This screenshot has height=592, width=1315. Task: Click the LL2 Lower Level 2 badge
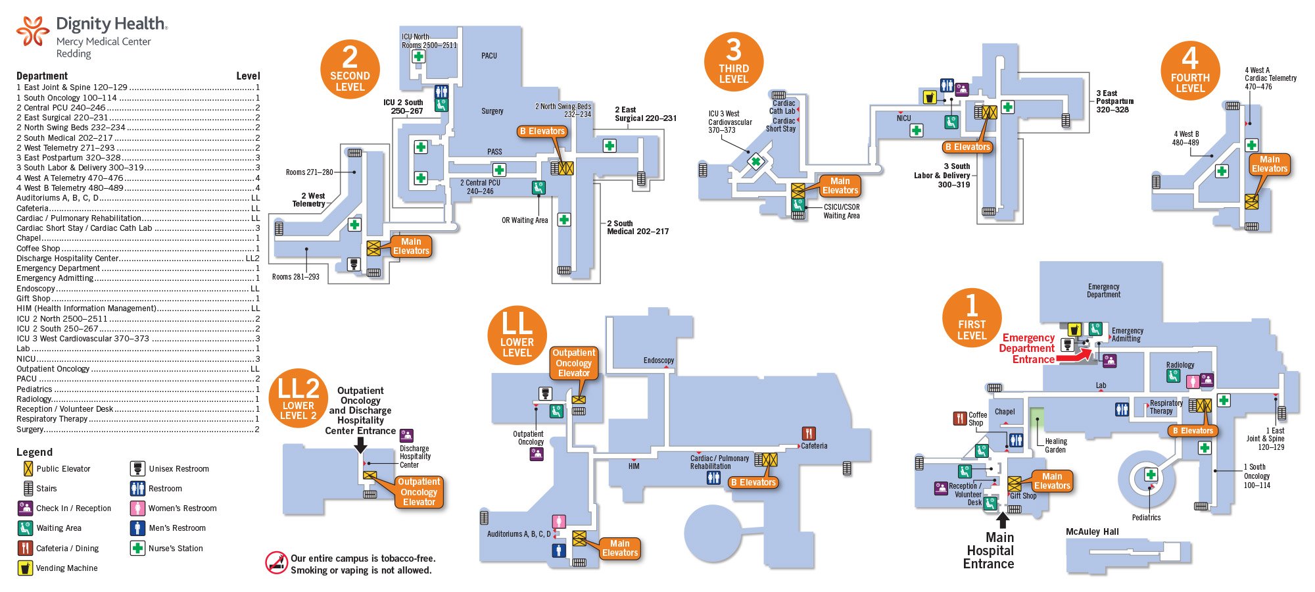(x=299, y=398)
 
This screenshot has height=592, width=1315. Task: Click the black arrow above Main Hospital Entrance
(x=1003, y=520)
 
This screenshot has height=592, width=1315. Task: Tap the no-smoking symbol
(x=277, y=562)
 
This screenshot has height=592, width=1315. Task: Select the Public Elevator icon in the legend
(x=28, y=469)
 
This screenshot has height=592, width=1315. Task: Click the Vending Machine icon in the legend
(x=25, y=568)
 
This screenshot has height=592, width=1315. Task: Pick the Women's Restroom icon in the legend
(x=137, y=508)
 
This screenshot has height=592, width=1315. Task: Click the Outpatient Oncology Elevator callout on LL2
(x=419, y=492)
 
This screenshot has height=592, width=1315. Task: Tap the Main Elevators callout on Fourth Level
(x=1269, y=164)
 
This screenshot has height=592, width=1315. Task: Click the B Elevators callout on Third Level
(x=967, y=147)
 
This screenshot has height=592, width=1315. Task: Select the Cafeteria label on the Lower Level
(x=814, y=446)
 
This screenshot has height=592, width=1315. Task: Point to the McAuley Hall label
(x=1092, y=531)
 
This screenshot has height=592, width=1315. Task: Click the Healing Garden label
(x=1055, y=445)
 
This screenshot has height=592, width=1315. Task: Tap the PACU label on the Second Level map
(x=489, y=56)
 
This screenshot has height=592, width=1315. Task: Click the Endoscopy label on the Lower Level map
(x=659, y=360)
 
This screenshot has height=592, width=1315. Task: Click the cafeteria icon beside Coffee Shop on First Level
(x=960, y=418)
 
